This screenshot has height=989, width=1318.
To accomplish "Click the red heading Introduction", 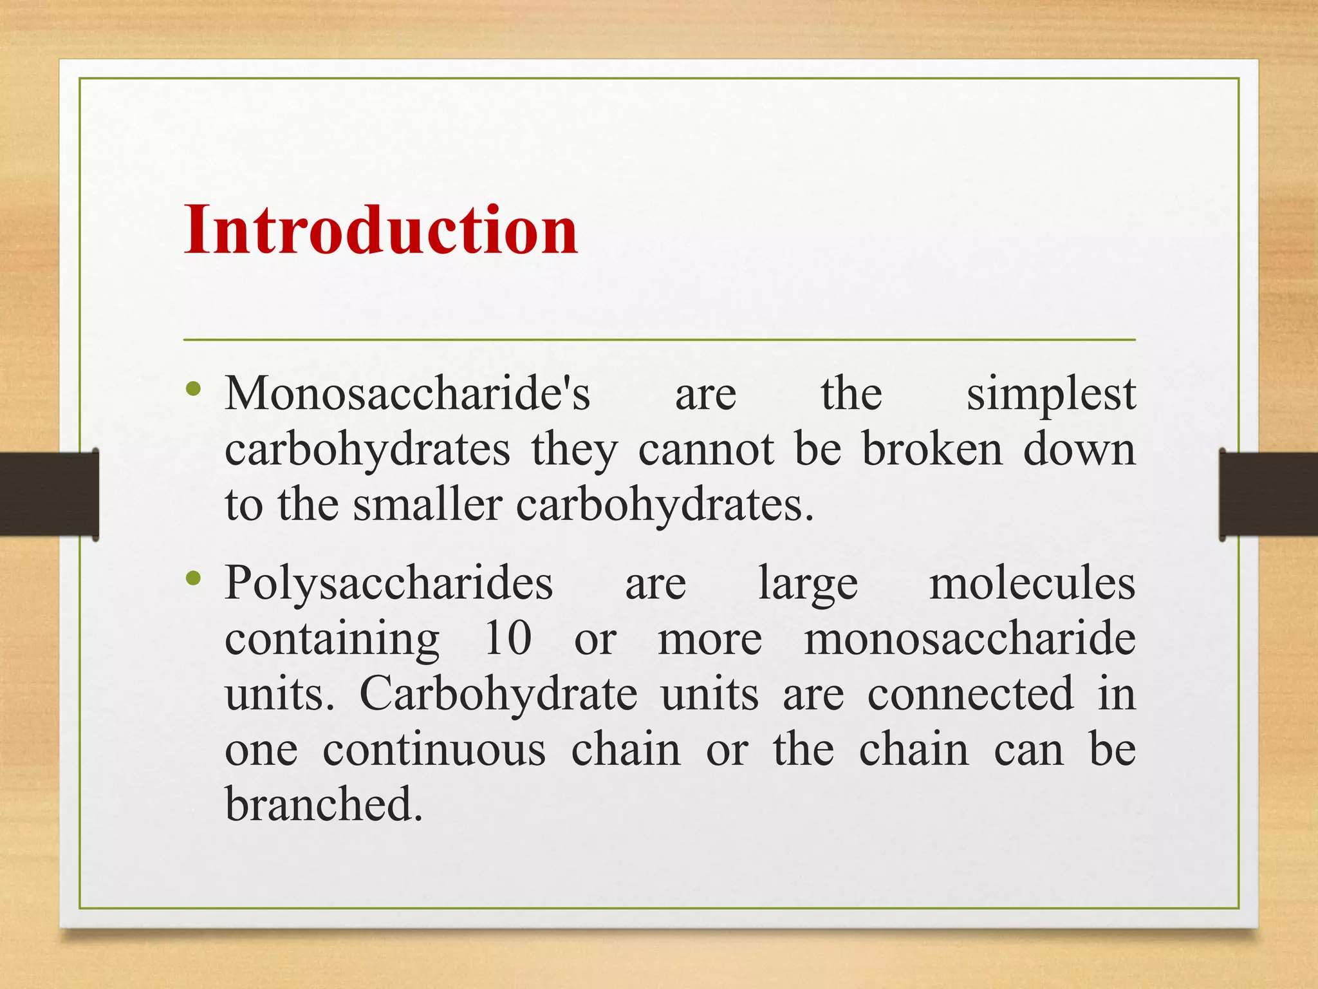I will click(x=381, y=230).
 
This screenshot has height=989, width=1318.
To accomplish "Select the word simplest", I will click(x=1051, y=394).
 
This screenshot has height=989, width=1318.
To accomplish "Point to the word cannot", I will click(x=706, y=449).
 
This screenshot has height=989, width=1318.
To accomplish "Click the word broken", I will click(x=932, y=449).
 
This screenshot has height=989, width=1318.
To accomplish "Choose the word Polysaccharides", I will click(x=389, y=583).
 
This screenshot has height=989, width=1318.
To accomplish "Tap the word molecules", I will click(x=1032, y=583).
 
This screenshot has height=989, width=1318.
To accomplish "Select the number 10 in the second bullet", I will click(x=508, y=639).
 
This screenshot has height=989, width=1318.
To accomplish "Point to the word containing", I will click(x=332, y=639).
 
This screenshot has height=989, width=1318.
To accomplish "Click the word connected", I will click(x=970, y=694).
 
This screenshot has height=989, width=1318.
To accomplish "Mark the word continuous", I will click(x=434, y=750).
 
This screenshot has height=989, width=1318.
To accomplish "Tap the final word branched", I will click(x=324, y=804).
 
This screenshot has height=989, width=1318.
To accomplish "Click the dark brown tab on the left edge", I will click(x=49, y=494).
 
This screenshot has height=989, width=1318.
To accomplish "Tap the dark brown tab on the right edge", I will click(x=1268, y=494).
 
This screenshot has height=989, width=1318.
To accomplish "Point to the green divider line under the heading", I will click(x=659, y=339).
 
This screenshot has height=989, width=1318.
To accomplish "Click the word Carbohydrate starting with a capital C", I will click(x=498, y=694).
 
